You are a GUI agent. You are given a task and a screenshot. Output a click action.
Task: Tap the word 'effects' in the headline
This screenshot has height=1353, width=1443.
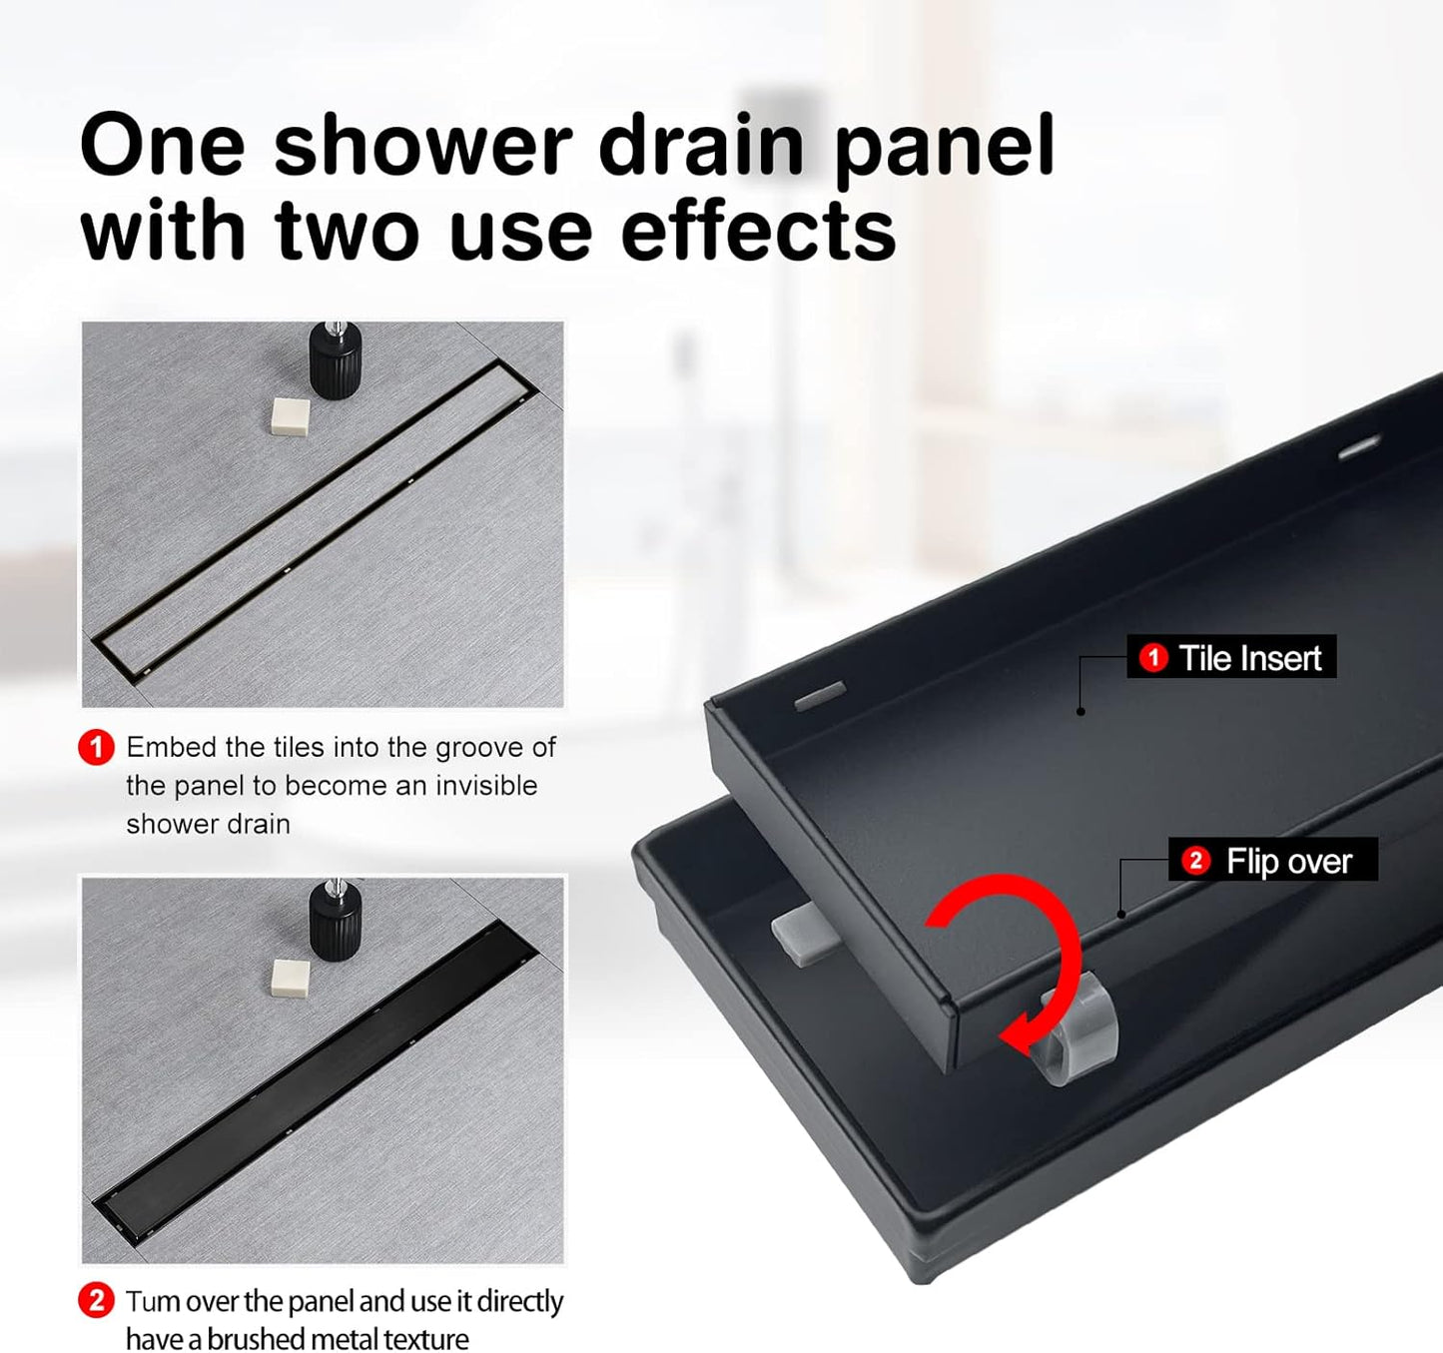click(759, 230)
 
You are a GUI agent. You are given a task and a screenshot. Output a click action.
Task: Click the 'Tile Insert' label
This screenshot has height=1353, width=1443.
click(1231, 658)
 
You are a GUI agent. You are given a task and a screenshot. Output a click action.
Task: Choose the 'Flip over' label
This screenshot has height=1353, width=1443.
click(1272, 861)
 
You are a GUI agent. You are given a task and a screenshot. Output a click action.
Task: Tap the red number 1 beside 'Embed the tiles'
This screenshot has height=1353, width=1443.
click(96, 748)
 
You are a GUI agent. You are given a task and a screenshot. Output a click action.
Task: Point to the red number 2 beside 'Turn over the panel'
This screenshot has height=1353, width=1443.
click(96, 1301)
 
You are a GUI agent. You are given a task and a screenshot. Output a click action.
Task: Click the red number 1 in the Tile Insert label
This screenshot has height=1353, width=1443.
click(1153, 658)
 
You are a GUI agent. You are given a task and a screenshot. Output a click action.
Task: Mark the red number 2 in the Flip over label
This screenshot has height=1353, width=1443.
click(1195, 861)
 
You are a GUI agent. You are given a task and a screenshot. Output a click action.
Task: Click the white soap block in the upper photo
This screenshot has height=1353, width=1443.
click(290, 415)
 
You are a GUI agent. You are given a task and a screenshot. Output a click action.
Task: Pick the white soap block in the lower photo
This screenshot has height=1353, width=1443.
click(290, 979)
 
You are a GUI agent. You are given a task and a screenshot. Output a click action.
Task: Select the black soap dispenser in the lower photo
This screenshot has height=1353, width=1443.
click(335, 920)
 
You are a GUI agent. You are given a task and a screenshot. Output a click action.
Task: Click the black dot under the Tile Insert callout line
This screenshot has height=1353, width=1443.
click(1081, 711)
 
